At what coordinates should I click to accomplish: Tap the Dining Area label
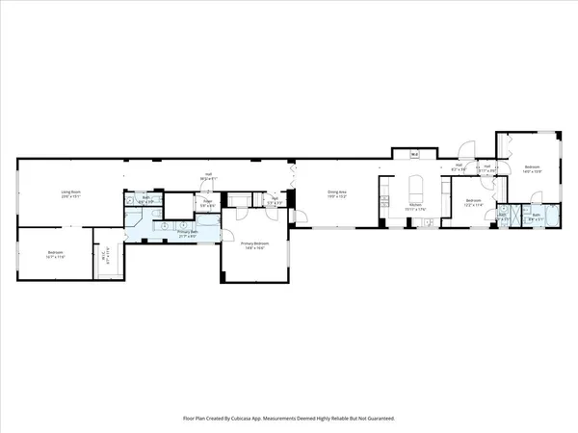[334, 192]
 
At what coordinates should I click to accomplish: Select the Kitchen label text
[414, 204]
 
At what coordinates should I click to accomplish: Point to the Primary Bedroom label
[252, 244]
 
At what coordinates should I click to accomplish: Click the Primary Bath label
[187, 232]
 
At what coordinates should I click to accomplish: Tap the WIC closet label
[106, 256]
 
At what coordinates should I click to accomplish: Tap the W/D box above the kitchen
[414, 154]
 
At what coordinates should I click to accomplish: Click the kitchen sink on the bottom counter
[425, 222]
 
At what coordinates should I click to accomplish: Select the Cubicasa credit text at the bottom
[289, 419]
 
